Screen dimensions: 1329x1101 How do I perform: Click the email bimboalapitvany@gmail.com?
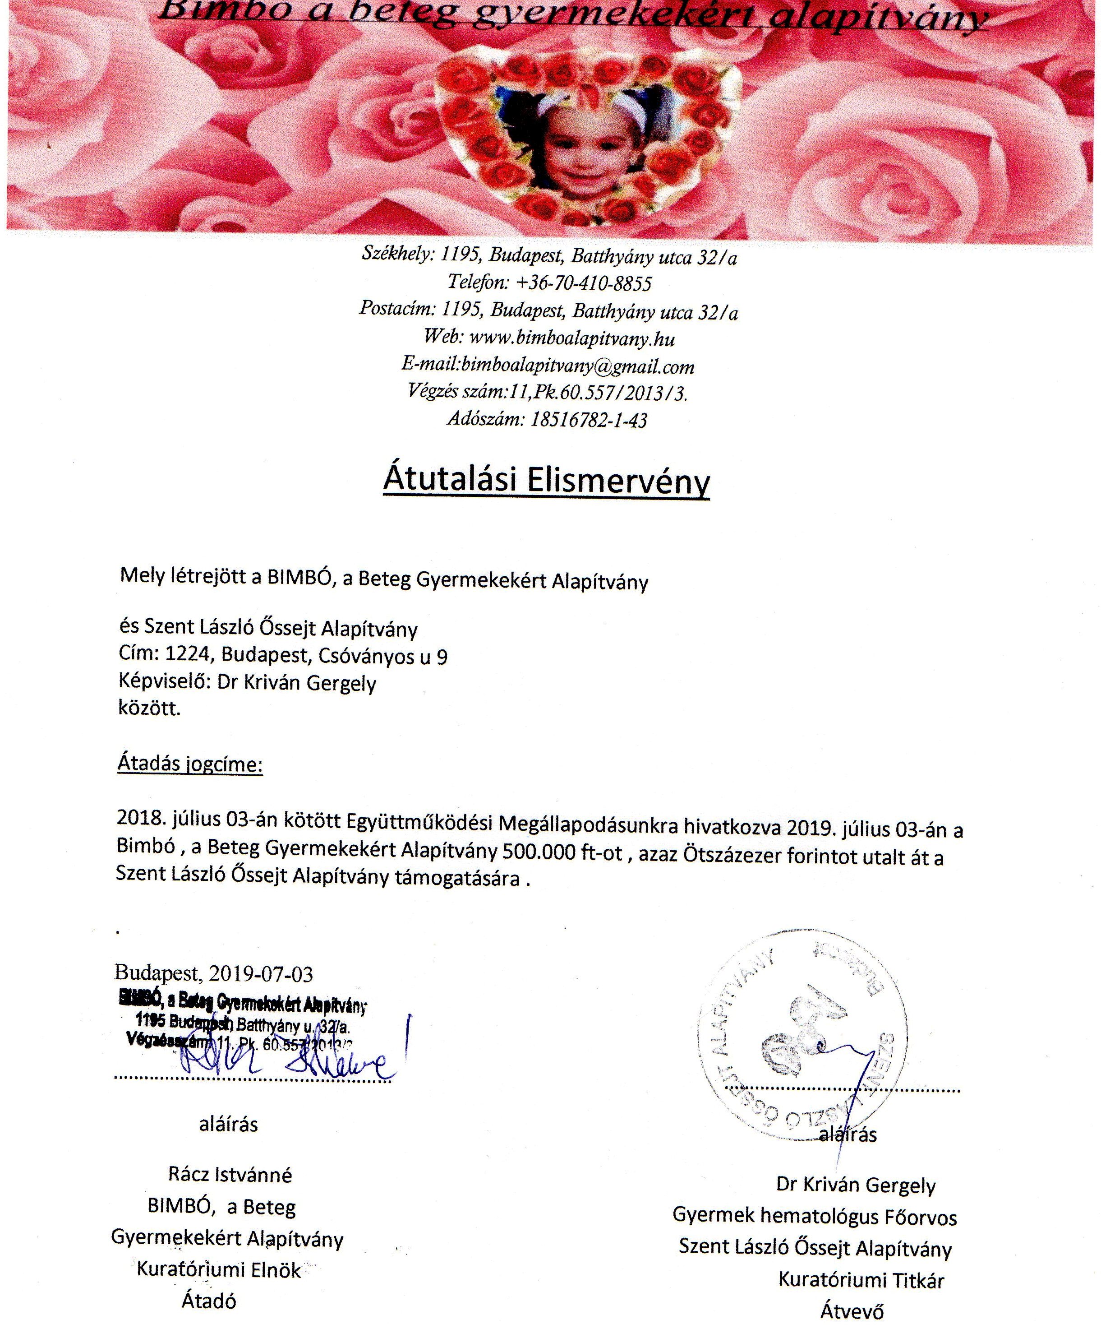tap(577, 366)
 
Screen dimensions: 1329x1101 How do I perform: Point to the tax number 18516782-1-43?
tap(588, 420)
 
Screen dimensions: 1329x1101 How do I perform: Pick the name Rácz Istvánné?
tap(230, 1175)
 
